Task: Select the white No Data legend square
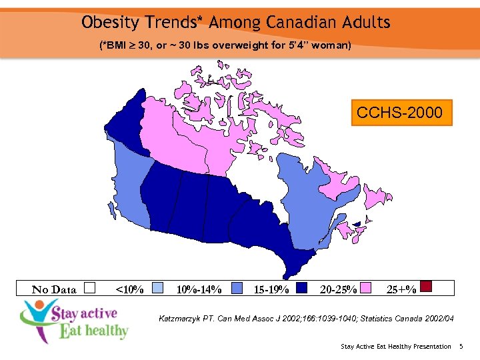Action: pos(90,288)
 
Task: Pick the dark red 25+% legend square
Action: pos(427,287)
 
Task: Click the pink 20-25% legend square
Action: pos(367,288)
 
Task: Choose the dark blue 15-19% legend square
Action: pos(301,288)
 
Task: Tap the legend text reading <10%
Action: pos(129,289)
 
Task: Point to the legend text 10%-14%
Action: pos(198,289)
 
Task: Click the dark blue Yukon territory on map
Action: pos(127,123)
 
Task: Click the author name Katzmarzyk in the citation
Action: pos(181,319)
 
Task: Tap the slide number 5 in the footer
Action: pos(461,347)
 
